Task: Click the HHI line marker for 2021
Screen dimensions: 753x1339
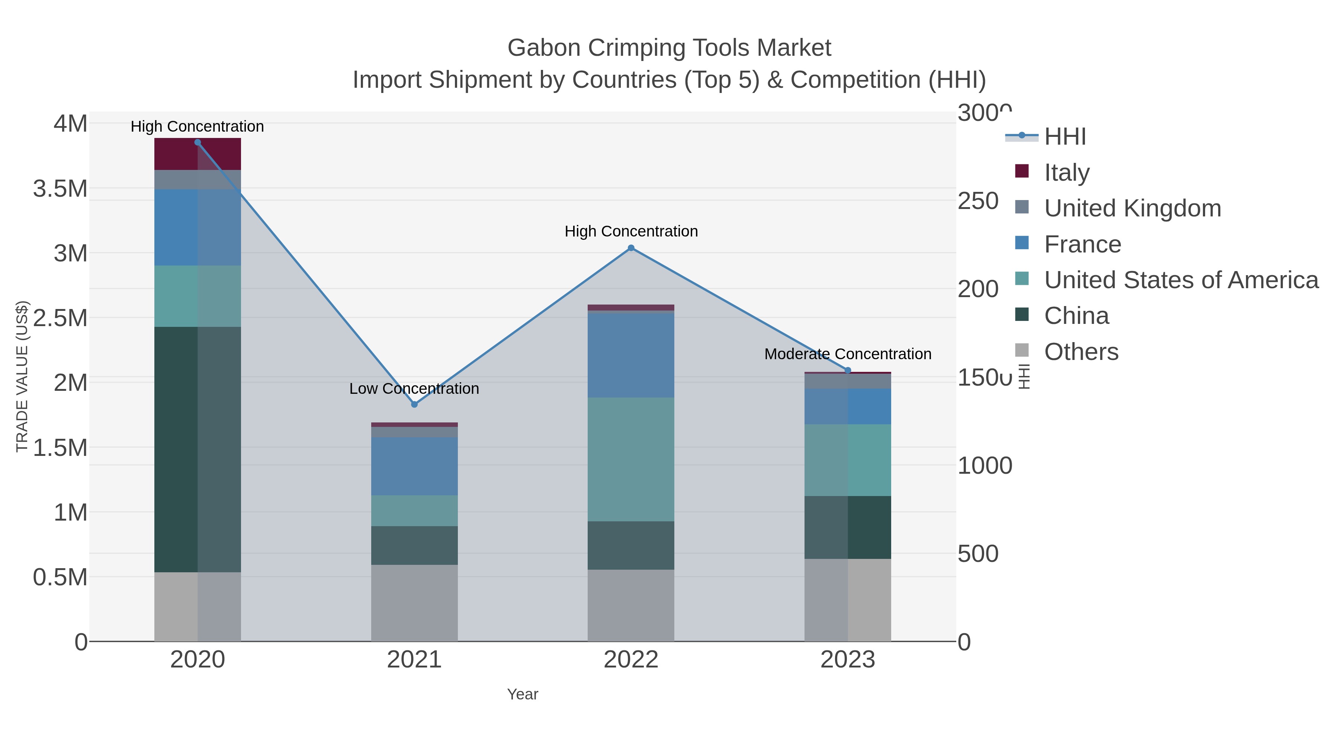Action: pos(414,404)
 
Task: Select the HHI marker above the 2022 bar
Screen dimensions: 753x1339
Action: pos(631,248)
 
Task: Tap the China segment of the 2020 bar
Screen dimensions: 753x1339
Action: pos(198,450)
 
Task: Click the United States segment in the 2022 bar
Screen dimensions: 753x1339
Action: pos(631,459)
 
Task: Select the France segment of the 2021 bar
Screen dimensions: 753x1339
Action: pos(414,466)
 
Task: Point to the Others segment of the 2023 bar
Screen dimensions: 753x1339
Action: pos(848,600)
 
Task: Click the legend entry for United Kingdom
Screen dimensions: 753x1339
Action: pos(1132,208)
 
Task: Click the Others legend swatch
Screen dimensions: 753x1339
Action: pos(1022,351)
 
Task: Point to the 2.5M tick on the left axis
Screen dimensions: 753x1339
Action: pos(60,318)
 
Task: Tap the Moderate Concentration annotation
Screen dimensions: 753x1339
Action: pos(848,354)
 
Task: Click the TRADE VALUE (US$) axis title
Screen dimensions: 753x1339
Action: pos(22,376)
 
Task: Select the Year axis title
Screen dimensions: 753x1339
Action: pos(523,694)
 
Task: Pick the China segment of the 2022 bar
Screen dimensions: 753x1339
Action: pos(631,545)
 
